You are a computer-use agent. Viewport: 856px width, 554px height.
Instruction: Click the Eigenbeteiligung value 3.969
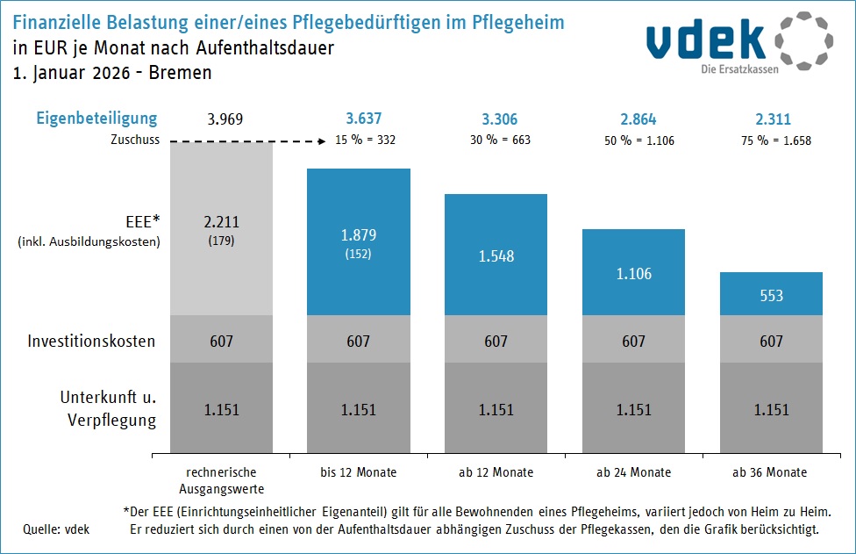(x=221, y=119)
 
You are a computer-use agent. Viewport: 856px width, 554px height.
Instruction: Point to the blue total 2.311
(x=771, y=119)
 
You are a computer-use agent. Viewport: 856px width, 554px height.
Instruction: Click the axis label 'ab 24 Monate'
(x=633, y=472)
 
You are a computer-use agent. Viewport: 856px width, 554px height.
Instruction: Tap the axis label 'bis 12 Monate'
(x=358, y=472)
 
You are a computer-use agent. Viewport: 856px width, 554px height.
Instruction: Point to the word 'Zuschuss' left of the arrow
(x=135, y=140)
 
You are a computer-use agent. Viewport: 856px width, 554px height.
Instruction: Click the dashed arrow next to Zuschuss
(x=246, y=140)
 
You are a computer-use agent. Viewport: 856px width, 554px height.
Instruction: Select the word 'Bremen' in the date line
(x=180, y=73)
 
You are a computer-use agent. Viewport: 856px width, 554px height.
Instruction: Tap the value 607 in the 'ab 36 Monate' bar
(x=771, y=341)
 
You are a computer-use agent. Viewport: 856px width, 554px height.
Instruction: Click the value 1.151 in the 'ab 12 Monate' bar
(x=496, y=410)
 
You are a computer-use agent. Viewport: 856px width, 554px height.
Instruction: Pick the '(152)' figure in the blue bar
(x=358, y=255)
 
